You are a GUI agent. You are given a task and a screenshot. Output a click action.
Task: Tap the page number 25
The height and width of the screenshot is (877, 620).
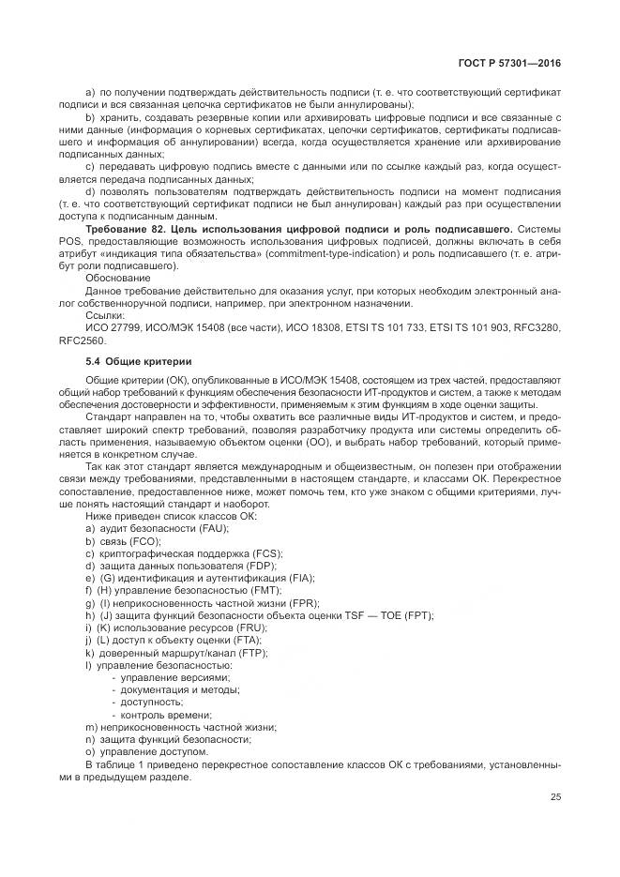coord(556,797)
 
